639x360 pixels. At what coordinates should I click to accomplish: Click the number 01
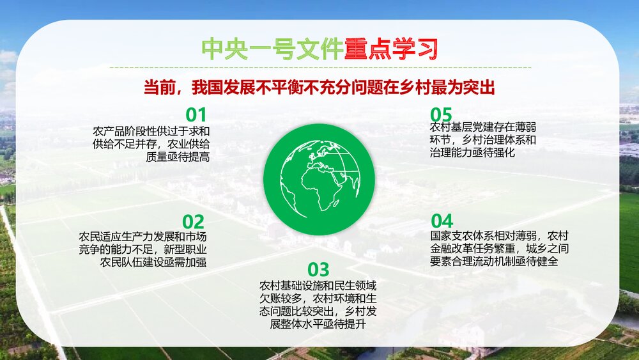196,115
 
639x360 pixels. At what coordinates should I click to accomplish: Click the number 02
193,222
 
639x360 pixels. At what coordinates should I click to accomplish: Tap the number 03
318,269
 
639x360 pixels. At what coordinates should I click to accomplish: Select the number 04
442,221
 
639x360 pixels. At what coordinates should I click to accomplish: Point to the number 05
442,114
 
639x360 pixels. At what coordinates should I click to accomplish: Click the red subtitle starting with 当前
319,88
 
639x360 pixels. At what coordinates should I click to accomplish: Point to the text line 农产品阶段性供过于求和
151,130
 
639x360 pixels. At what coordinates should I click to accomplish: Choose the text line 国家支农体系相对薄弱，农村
500,235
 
